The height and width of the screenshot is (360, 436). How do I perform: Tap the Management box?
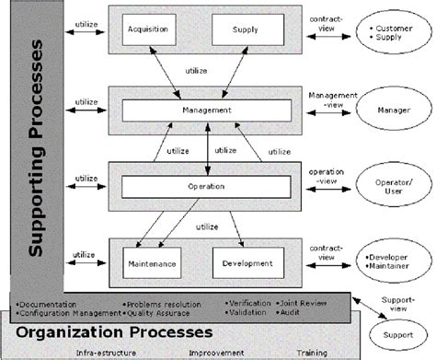[206, 110]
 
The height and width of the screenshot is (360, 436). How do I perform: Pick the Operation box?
[206, 185]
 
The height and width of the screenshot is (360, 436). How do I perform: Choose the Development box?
[247, 263]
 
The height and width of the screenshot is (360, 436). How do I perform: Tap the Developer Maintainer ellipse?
[389, 262]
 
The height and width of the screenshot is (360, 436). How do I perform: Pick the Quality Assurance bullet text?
[162, 311]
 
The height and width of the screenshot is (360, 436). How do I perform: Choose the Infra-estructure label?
[98, 352]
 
